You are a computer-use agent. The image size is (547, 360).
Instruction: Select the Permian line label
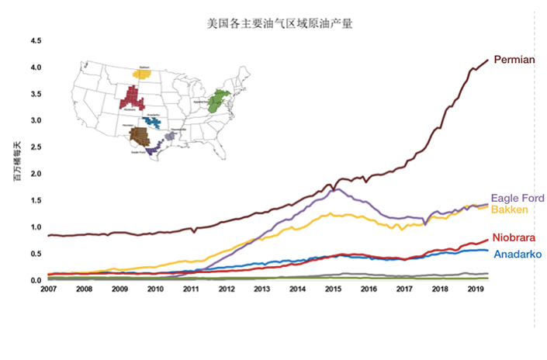pyautogui.click(x=514, y=60)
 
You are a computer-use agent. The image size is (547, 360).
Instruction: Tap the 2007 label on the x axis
pyautogui.click(x=49, y=289)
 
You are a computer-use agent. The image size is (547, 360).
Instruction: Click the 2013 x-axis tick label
pyautogui.click(x=261, y=289)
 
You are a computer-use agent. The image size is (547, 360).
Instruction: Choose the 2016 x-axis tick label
pyautogui.click(x=368, y=289)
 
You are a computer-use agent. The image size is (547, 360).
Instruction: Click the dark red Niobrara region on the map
pyautogui.click(x=133, y=99)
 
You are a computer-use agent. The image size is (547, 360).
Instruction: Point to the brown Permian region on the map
pyautogui.click(x=140, y=135)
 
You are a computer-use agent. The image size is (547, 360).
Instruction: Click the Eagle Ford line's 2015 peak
pyautogui.click(x=333, y=189)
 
